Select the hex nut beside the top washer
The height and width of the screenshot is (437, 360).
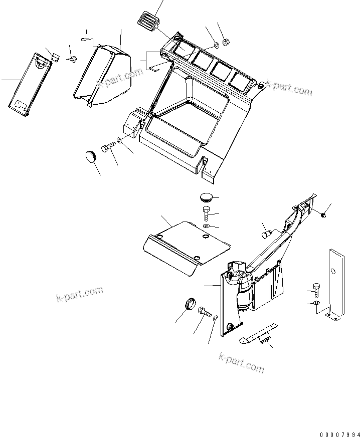pyautogui.click(x=225, y=43)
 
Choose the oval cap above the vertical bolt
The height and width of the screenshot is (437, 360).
pyautogui.click(x=207, y=196)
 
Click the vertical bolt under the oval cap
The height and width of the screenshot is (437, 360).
pyautogui.click(x=207, y=214)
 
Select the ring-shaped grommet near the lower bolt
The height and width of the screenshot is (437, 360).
pyautogui.click(x=190, y=304)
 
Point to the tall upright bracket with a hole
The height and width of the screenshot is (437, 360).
pyautogui.click(x=335, y=283)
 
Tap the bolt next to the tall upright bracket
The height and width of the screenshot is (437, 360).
pyautogui.click(x=315, y=289)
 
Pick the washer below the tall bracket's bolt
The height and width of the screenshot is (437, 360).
pyautogui.click(x=314, y=303)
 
